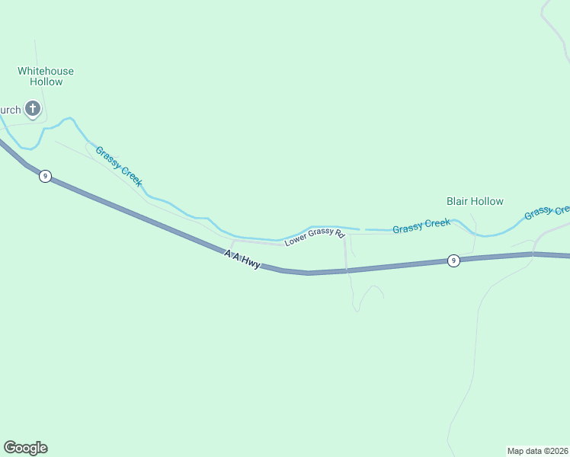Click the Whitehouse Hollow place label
click(46, 76)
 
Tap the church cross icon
click(33, 109)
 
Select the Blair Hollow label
click(475, 201)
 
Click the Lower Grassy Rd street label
click(315, 238)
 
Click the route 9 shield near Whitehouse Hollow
click(46, 177)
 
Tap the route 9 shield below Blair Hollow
click(453, 260)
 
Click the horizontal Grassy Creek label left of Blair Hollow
click(421, 226)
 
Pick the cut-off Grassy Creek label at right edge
click(547, 212)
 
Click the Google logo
click(25, 448)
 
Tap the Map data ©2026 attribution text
click(538, 451)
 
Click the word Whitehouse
click(46, 71)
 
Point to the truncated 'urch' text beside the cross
click(10, 110)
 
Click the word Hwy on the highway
click(252, 264)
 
